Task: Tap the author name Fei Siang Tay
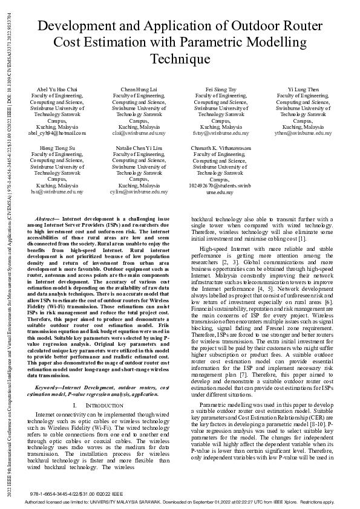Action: (x=220, y=89)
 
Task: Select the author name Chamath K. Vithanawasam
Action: (x=220, y=148)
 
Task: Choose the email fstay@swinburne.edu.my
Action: (x=220, y=133)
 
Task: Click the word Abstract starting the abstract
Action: (x=47, y=218)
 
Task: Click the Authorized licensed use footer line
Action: (x=180, y=502)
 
